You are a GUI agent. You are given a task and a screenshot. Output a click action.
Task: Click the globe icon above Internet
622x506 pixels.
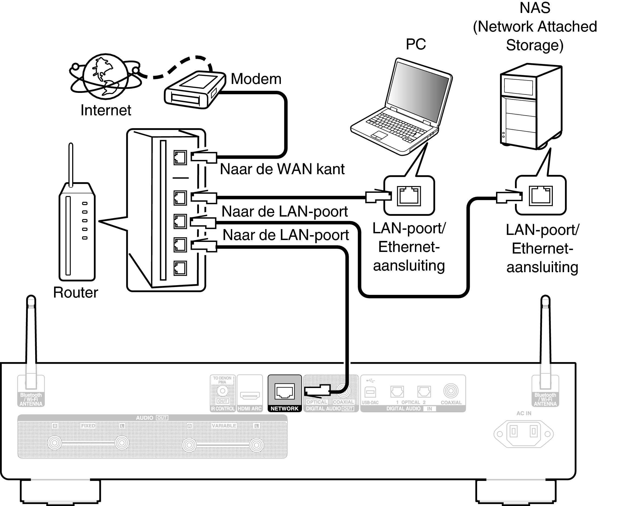pos(106,77)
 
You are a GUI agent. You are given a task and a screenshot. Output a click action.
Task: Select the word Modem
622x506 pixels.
pos(256,79)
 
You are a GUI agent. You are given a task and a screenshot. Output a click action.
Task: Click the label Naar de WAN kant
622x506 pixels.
pos(282,169)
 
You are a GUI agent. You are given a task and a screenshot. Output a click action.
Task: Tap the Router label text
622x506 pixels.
pos(76,292)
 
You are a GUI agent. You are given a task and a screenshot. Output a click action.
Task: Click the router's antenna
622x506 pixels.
pos(71,163)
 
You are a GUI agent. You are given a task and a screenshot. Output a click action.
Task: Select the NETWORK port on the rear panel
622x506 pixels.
pos(284,391)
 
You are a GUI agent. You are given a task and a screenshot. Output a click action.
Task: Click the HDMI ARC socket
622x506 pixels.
pos(250,395)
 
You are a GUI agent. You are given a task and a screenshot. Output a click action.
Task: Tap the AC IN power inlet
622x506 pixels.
pos(523,433)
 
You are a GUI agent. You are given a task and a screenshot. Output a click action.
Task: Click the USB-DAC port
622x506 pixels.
pos(370,392)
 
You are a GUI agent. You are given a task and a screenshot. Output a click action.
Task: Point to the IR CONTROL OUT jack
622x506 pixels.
pos(222,391)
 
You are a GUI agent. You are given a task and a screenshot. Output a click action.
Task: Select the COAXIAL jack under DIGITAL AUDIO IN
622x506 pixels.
pos(451,391)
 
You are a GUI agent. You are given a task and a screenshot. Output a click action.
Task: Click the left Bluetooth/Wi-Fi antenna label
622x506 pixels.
pos(31,399)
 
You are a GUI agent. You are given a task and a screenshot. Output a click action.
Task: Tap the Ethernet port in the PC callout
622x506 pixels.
pos(408,196)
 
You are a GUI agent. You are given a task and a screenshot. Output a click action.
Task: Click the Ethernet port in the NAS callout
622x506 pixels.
pos(540,195)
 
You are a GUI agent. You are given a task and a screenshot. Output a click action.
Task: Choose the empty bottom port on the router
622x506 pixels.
pos(180,268)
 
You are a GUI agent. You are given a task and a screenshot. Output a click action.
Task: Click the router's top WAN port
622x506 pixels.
pos(180,158)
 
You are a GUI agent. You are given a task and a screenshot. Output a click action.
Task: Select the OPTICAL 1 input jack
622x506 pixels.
pos(397,392)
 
